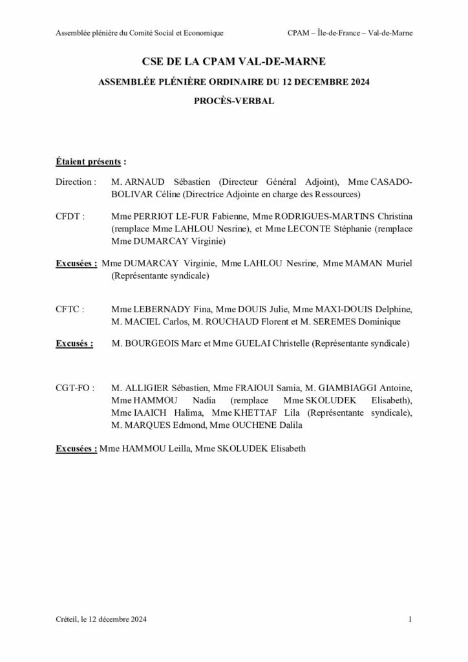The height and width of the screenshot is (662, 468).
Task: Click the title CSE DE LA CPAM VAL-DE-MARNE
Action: [233, 62]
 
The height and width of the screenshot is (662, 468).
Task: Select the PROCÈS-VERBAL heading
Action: [233, 101]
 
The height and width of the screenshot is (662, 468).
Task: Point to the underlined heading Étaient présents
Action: [89, 161]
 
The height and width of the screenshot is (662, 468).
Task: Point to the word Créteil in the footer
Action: [68, 619]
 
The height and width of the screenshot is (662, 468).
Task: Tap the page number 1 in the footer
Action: [410, 619]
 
